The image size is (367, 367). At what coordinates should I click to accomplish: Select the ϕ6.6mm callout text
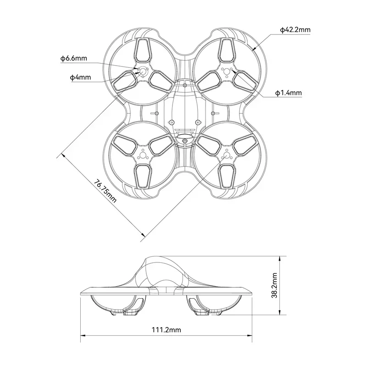[x=73, y=58]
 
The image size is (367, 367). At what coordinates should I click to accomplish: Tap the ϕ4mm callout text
[x=80, y=78]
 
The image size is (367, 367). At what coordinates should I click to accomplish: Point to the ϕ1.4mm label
[x=288, y=93]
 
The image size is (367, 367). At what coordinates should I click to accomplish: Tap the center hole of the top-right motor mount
[x=226, y=71]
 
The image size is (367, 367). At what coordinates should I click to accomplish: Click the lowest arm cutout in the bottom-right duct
[x=226, y=176]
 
